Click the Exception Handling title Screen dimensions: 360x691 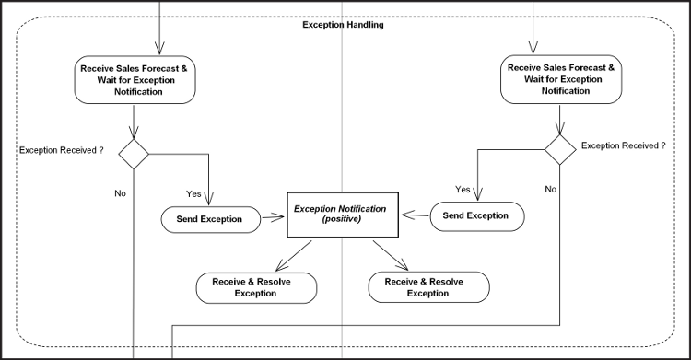(x=344, y=25)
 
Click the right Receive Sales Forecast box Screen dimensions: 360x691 (x=559, y=79)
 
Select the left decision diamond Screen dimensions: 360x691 (x=135, y=154)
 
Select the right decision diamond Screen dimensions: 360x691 (x=558, y=145)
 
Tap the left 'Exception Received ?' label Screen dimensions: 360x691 (x=61, y=148)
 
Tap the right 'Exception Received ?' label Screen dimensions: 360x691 (x=624, y=145)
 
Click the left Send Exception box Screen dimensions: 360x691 (x=209, y=219)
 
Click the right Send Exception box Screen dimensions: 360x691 (x=477, y=215)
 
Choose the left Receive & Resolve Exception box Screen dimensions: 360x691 (x=256, y=287)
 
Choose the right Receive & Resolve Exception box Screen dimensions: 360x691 (x=428, y=287)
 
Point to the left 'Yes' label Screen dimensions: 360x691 (x=194, y=194)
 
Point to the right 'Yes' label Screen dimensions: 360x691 (x=463, y=189)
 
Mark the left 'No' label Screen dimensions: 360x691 (x=120, y=193)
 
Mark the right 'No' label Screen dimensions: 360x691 (x=550, y=189)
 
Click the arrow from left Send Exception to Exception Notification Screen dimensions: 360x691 (x=273, y=219)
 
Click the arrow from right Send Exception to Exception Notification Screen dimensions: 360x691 (x=415, y=215)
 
